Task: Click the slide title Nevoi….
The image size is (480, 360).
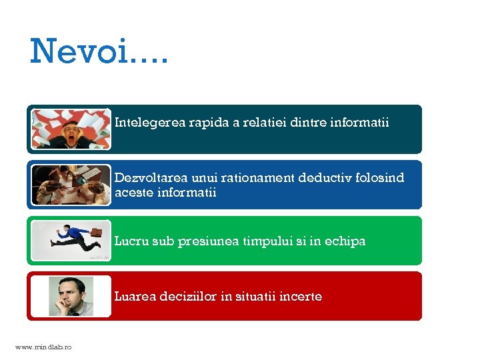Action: [99, 51]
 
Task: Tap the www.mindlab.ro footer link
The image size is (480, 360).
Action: [43, 347]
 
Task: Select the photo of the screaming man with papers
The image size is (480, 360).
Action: [71, 129]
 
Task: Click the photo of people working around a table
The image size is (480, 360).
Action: [71, 185]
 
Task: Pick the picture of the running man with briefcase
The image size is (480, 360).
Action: [71, 240]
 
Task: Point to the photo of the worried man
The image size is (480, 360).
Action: [71, 296]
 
